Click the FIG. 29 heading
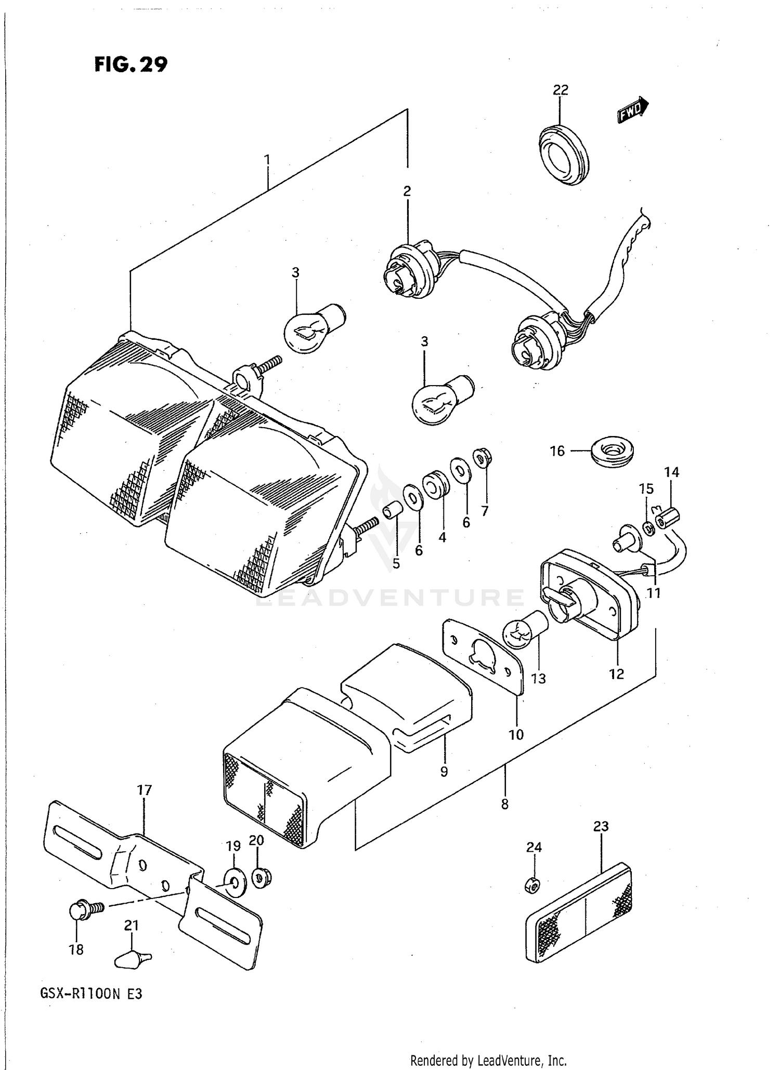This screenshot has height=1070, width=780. [131, 64]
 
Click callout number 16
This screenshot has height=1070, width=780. [557, 451]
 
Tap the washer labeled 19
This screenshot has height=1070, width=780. [232, 882]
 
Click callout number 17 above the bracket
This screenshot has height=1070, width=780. [144, 790]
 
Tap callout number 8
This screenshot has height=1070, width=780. [504, 804]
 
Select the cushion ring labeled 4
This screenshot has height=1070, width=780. [435, 484]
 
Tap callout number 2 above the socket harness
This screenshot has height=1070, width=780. [407, 191]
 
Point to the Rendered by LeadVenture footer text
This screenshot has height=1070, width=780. [488, 1060]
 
